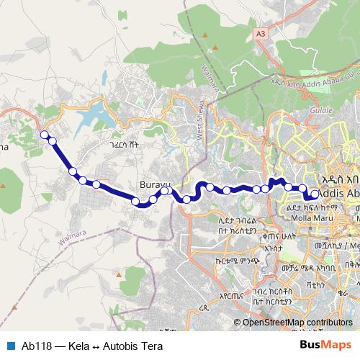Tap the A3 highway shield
[x=261, y=33]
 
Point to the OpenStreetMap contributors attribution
[x=297, y=322]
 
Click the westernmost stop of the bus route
[x=44, y=134]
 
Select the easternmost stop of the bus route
[x=315, y=194]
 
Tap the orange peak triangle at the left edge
[x=4, y=186]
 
